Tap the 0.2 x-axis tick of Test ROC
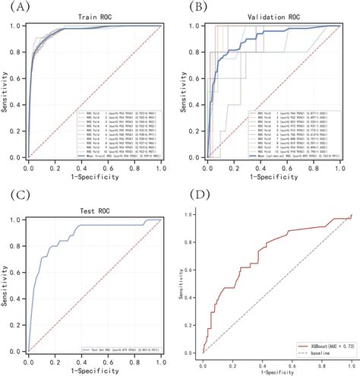(x=55, y=357)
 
